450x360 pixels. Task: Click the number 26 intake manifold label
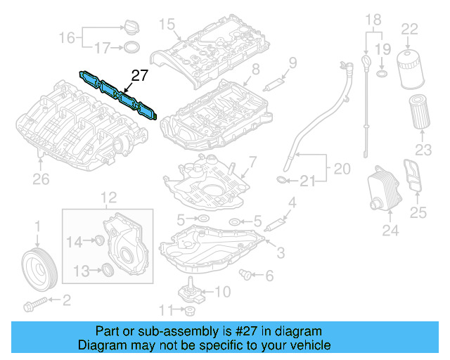pyautogui.click(x=41, y=179)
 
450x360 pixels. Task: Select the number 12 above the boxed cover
pyautogui.click(x=107, y=198)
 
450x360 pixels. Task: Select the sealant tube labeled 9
pyautogui.click(x=273, y=85)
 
